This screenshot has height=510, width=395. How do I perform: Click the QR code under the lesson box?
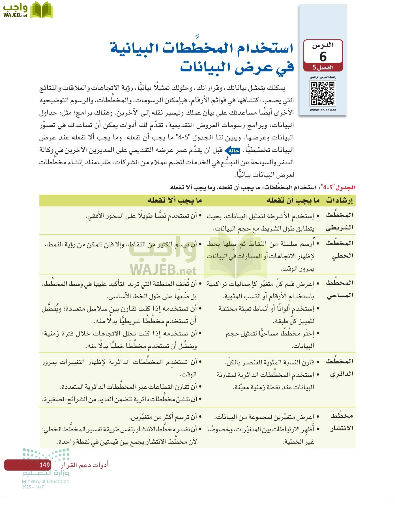pyautogui.click(x=323, y=93)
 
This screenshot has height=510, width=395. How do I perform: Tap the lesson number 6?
pyautogui.click(x=323, y=57)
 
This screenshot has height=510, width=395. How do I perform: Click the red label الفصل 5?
pyautogui.click(x=323, y=67)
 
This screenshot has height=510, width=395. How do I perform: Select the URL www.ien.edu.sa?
pyautogui.click(x=323, y=110)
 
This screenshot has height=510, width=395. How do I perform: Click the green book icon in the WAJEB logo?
pyautogui.click(x=42, y=10)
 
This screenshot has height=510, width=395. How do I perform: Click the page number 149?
pyautogui.click(x=44, y=465)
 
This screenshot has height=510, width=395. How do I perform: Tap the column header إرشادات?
pyautogui.click(x=339, y=200)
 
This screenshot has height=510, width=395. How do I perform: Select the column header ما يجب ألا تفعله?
pyautogui.click(x=175, y=200)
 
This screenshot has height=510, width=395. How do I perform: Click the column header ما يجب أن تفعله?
pyautogui.click(x=293, y=200)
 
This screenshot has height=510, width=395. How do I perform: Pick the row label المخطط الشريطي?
pyautogui.click(x=340, y=221)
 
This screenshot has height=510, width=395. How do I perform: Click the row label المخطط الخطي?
pyautogui.click(x=340, y=249)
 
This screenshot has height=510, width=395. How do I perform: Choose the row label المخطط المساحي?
pyautogui.click(x=340, y=289)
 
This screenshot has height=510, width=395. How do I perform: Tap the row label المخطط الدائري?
pyautogui.click(x=340, y=367)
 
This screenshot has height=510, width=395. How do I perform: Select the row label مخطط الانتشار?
pyautogui.click(x=342, y=422)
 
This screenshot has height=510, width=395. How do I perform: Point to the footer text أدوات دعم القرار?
pyautogui.click(x=84, y=465)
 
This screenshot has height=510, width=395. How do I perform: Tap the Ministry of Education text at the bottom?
pyautogui.click(x=46, y=481)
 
